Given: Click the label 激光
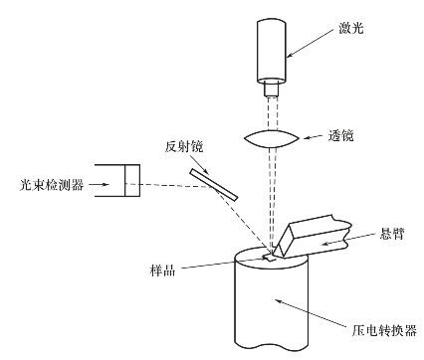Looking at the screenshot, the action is coord(350,28).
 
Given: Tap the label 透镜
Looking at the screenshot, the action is coord(340,135).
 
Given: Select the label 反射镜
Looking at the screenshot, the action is coord(184,146).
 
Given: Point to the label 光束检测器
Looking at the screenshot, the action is coord(52,185).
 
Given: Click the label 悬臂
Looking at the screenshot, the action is coord(391,234).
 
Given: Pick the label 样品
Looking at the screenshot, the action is coord(162,270).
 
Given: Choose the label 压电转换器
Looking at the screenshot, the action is coord(384,330).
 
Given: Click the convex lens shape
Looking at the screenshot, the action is coord(272,138).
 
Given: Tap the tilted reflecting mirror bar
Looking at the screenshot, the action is coord(214,185).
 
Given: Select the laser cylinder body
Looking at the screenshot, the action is coord(272,51).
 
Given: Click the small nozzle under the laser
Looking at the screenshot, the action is coord(272,90).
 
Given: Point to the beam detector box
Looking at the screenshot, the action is coord(117,181).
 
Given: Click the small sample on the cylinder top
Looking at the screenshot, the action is coord(269,258).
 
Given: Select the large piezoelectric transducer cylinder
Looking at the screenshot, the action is coord(272,298).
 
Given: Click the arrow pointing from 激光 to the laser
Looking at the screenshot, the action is coord(310,43).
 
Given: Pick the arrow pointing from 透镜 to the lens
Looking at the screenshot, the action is coord(314,137).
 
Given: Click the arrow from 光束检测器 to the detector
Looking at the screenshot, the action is coord(100,184).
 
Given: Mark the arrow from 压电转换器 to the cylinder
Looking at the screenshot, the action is coord(313,313).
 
